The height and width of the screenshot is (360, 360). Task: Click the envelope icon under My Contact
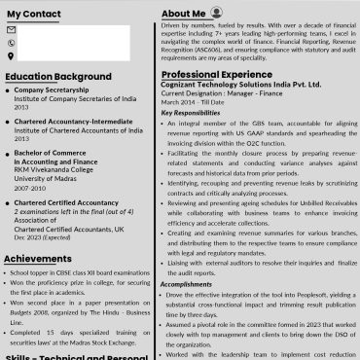coord(11,30)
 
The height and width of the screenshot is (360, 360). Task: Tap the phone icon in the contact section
coord(11,43)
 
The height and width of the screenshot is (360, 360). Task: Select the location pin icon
coord(11,55)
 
